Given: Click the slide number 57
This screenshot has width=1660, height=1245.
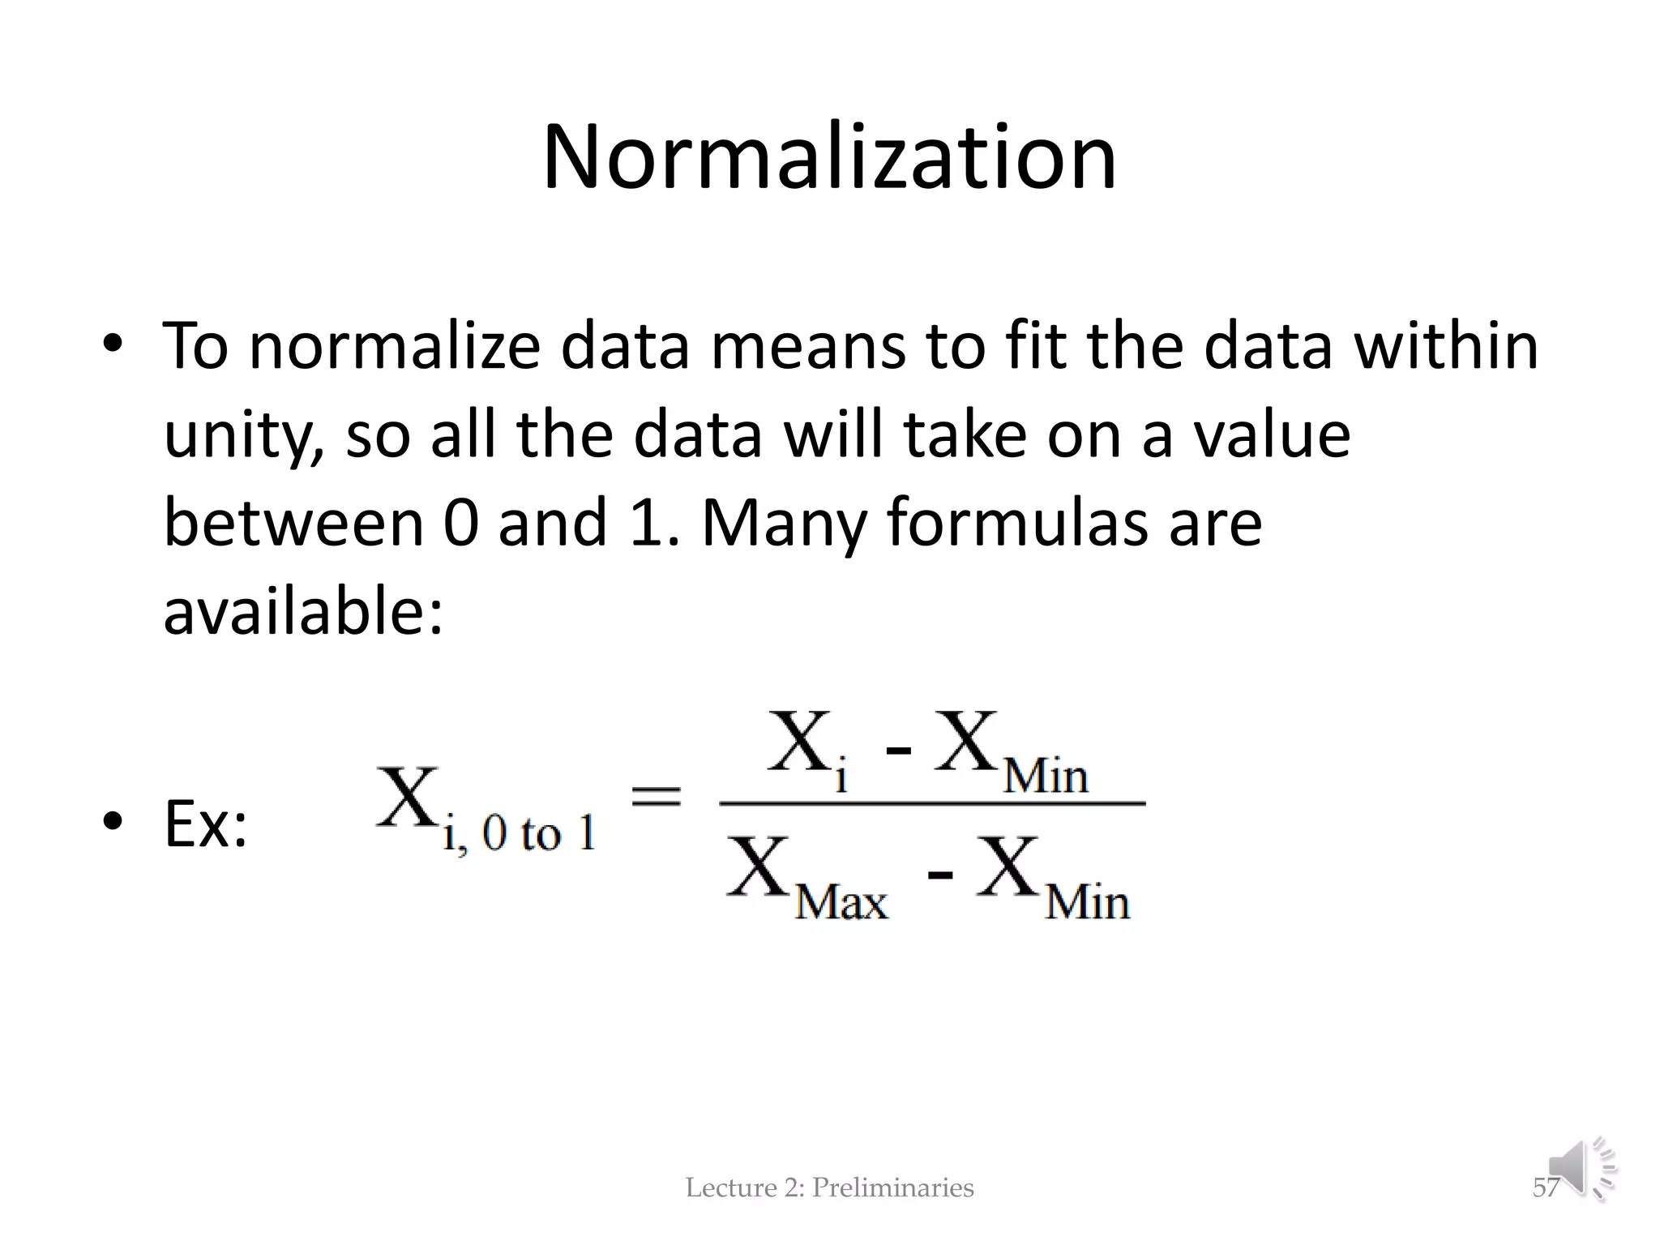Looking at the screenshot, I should pos(1545,1187).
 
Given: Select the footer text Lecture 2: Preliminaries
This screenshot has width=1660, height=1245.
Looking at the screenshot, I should pos(829,1187).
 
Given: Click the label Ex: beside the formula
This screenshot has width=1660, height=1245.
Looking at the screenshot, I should pos(205,824).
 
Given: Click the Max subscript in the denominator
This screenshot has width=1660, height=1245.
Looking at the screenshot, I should pos(841,902).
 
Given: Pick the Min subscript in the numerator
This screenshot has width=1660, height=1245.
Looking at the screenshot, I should pos(1046,776).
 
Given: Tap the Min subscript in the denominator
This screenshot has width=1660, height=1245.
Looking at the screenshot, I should pos(1087,902).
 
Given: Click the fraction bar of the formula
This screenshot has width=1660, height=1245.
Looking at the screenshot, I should pos(932,803).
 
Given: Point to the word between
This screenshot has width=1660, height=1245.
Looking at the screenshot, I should pos(293,522).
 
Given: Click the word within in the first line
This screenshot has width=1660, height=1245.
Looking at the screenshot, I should pos(1446,346).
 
